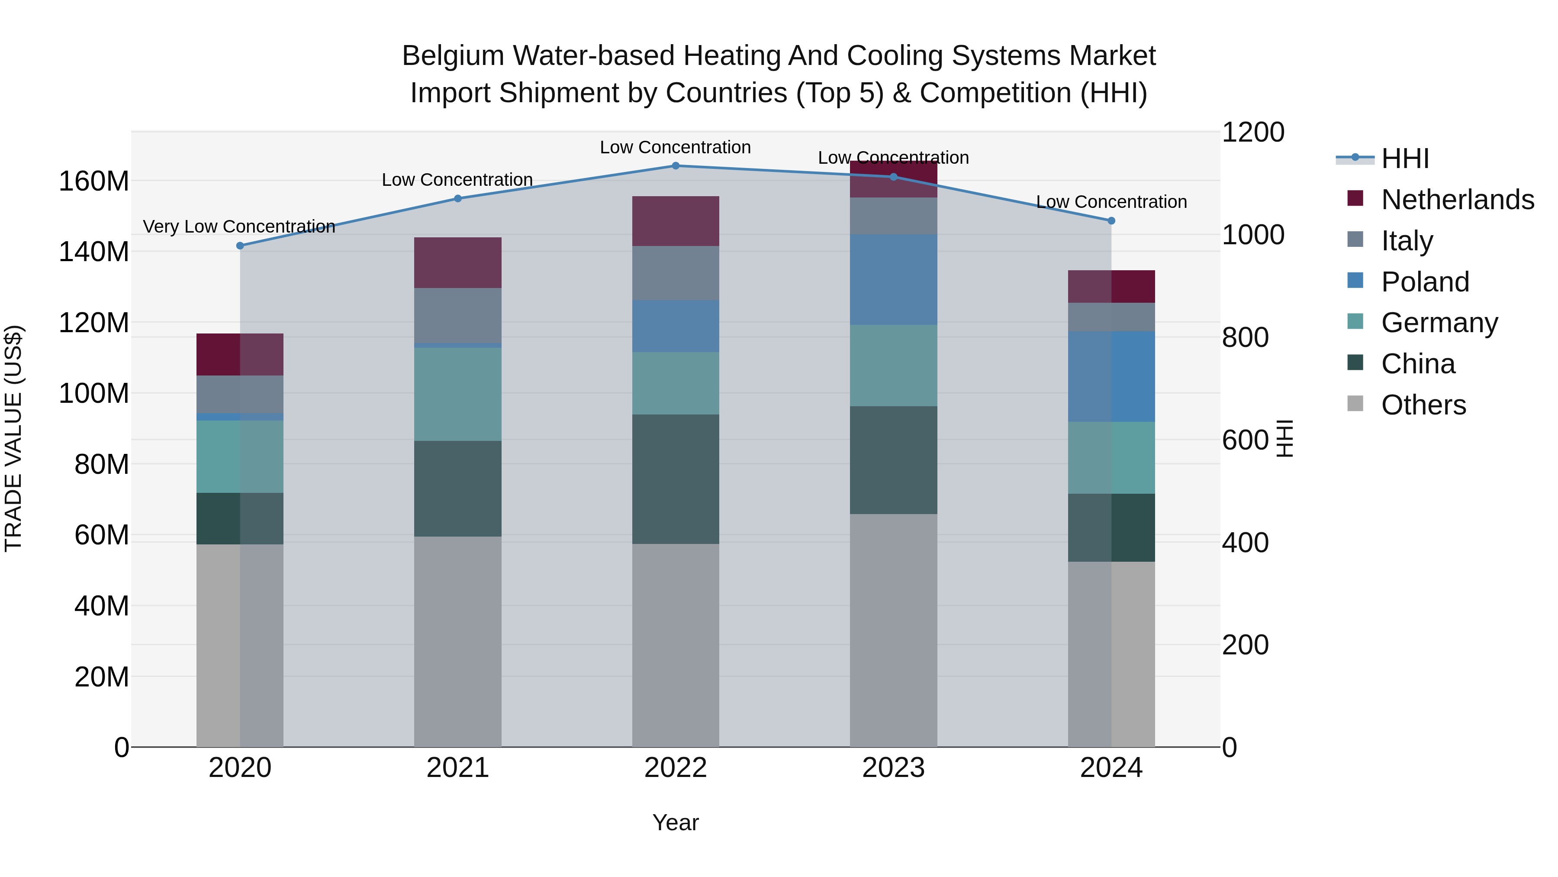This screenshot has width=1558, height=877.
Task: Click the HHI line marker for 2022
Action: [676, 166]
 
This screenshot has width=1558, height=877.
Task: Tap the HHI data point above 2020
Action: [240, 246]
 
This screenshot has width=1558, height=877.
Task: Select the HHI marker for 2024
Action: [1111, 221]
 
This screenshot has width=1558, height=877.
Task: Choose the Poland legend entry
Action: [1424, 282]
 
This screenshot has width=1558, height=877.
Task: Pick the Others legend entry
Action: [1423, 405]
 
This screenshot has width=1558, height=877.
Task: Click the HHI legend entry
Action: [1404, 159]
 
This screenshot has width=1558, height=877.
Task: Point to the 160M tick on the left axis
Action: [94, 181]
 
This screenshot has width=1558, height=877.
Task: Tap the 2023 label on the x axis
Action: [893, 768]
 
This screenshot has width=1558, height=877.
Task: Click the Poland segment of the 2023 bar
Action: [893, 280]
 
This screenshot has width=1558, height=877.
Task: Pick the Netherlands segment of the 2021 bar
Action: [458, 263]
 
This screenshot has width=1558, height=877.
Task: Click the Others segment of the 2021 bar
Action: [458, 641]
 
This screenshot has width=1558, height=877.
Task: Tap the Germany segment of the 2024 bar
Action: [1111, 458]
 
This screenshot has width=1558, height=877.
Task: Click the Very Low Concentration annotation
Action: [239, 227]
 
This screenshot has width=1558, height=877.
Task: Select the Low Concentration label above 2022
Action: [675, 148]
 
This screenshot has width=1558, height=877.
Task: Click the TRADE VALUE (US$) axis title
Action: [13, 438]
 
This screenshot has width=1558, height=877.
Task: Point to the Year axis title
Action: [676, 822]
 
